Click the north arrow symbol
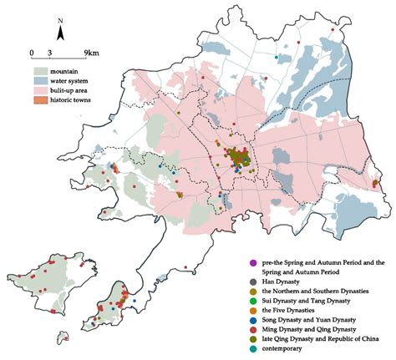[61, 33]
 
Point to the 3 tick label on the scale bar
[51, 53]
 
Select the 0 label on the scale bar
[32, 53]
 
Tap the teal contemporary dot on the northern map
[276, 57]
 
